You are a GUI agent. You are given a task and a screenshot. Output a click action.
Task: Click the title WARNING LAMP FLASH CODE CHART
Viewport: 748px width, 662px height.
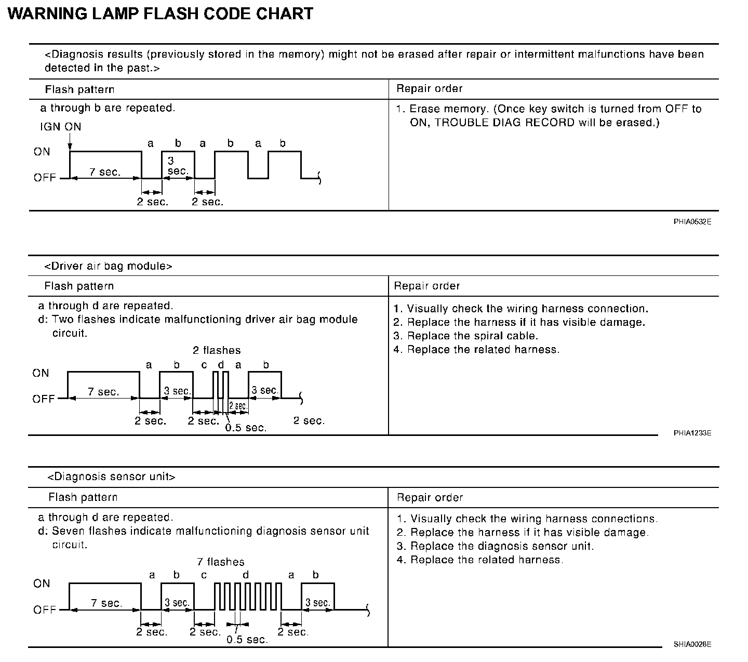click(x=161, y=14)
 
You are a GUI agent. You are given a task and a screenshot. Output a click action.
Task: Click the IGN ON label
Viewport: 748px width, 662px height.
click(x=60, y=127)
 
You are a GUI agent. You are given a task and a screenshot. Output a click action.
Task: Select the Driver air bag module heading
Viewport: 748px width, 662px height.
click(x=108, y=266)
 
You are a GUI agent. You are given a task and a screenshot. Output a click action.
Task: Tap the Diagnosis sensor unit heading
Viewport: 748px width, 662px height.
click(x=111, y=476)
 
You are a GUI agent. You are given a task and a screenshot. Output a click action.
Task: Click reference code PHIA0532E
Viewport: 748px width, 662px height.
click(x=692, y=222)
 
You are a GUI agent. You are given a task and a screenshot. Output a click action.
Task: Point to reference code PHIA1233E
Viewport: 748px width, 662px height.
click(x=692, y=433)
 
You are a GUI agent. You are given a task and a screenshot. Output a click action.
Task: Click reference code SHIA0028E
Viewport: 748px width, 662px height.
click(x=692, y=644)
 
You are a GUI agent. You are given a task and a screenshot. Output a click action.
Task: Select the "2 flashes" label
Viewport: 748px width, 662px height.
click(x=217, y=350)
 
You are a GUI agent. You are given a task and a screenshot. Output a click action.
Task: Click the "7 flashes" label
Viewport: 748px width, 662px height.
click(x=220, y=562)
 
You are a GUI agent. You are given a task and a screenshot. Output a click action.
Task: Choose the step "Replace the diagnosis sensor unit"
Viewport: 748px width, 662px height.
click(x=501, y=546)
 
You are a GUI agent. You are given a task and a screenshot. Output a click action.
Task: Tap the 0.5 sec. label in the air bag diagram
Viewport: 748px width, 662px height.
click(x=246, y=428)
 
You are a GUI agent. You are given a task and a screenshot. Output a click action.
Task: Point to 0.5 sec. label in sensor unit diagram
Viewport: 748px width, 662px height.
click(x=247, y=640)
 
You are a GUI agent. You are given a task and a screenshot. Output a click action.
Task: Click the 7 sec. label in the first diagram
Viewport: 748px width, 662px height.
click(x=105, y=172)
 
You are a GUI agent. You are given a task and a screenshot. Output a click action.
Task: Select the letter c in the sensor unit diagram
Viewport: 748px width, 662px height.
click(x=204, y=575)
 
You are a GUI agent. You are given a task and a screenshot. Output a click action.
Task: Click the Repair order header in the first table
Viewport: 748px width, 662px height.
click(x=429, y=89)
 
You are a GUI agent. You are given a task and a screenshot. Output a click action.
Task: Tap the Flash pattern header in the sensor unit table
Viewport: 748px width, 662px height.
click(x=83, y=497)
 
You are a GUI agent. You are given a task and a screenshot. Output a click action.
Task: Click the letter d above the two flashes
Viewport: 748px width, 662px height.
click(x=221, y=365)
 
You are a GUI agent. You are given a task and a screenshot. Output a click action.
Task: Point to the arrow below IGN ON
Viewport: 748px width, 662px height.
click(x=70, y=143)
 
